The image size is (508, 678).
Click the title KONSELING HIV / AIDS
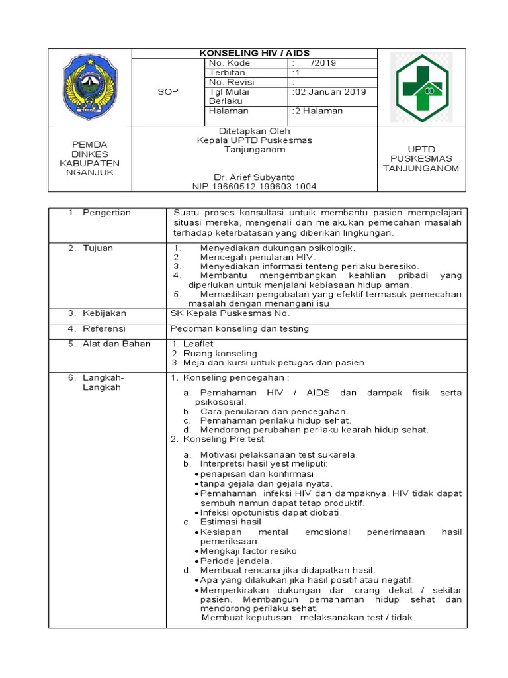pyautogui.click(x=255, y=53)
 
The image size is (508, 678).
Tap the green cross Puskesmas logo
pyautogui.click(x=421, y=88)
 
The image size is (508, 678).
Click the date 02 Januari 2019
pyautogui.click(x=329, y=92)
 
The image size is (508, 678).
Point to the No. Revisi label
pyautogui.click(x=232, y=82)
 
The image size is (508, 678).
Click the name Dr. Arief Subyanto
pyautogui.click(x=254, y=177)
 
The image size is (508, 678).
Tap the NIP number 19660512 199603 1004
pyautogui.click(x=254, y=187)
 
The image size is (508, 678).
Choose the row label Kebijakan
pyautogui.click(x=104, y=313)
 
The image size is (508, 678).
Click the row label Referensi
pyautogui.click(x=104, y=328)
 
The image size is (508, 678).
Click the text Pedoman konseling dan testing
pyautogui.click(x=239, y=328)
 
